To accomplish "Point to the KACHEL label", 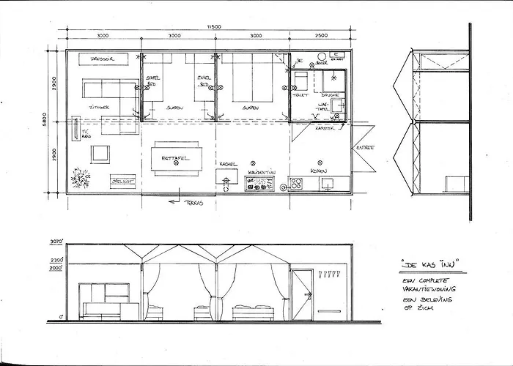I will tap(228, 164).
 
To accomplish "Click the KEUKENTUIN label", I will tap(260, 173).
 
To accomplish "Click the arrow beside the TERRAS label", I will tap(174, 200).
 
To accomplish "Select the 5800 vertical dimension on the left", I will tap(45, 119).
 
